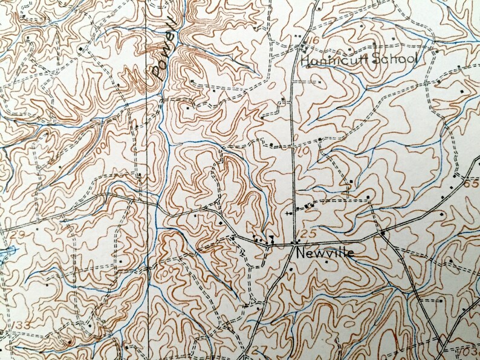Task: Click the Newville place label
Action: (324, 254)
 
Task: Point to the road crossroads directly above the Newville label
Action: (294, 243)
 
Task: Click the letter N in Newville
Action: (300, 254)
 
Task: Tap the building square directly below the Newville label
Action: (326, 263)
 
